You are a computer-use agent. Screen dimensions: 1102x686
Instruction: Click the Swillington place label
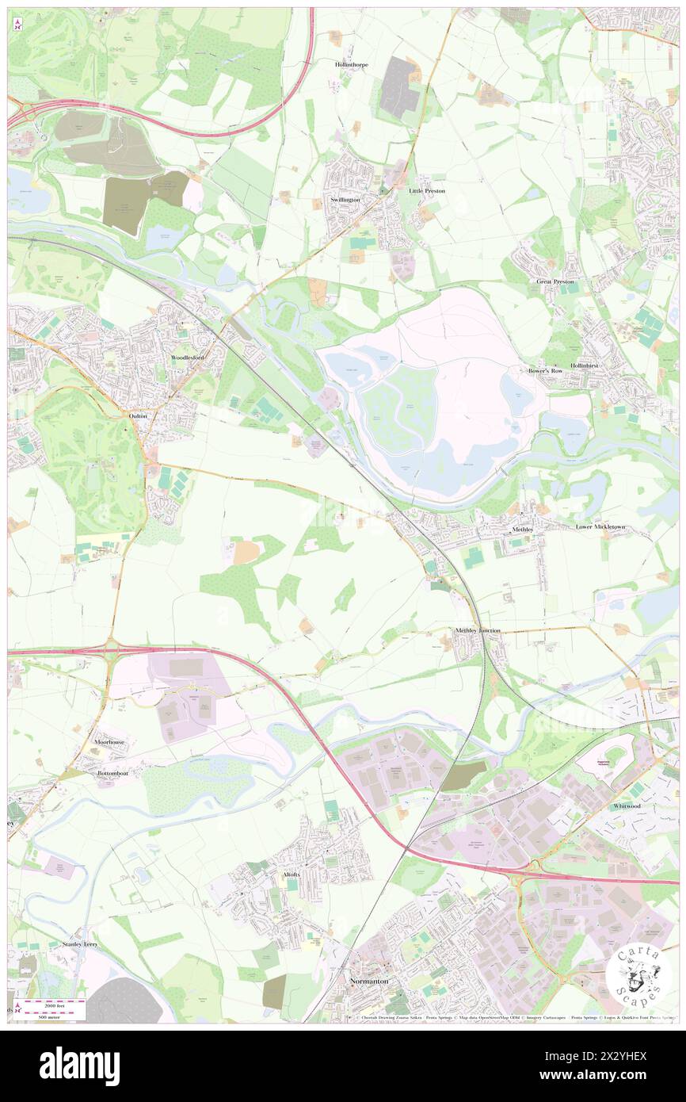click(345, 200)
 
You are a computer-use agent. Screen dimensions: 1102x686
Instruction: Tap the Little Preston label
click(427, 191)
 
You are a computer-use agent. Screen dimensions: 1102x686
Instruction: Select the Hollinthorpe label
click(351, 65)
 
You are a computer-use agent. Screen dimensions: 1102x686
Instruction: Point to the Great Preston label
click(555, 281)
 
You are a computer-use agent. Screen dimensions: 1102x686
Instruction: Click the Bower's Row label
click(546, 370)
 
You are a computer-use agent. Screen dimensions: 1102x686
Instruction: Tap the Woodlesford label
click(188, 358)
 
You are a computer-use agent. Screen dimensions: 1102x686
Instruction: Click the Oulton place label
click(138, 415)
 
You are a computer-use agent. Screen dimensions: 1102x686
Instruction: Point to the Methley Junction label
click(478, 630)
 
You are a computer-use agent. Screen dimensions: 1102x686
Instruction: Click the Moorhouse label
click(110, 741)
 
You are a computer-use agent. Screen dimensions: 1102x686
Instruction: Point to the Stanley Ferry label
click(82, 945)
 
